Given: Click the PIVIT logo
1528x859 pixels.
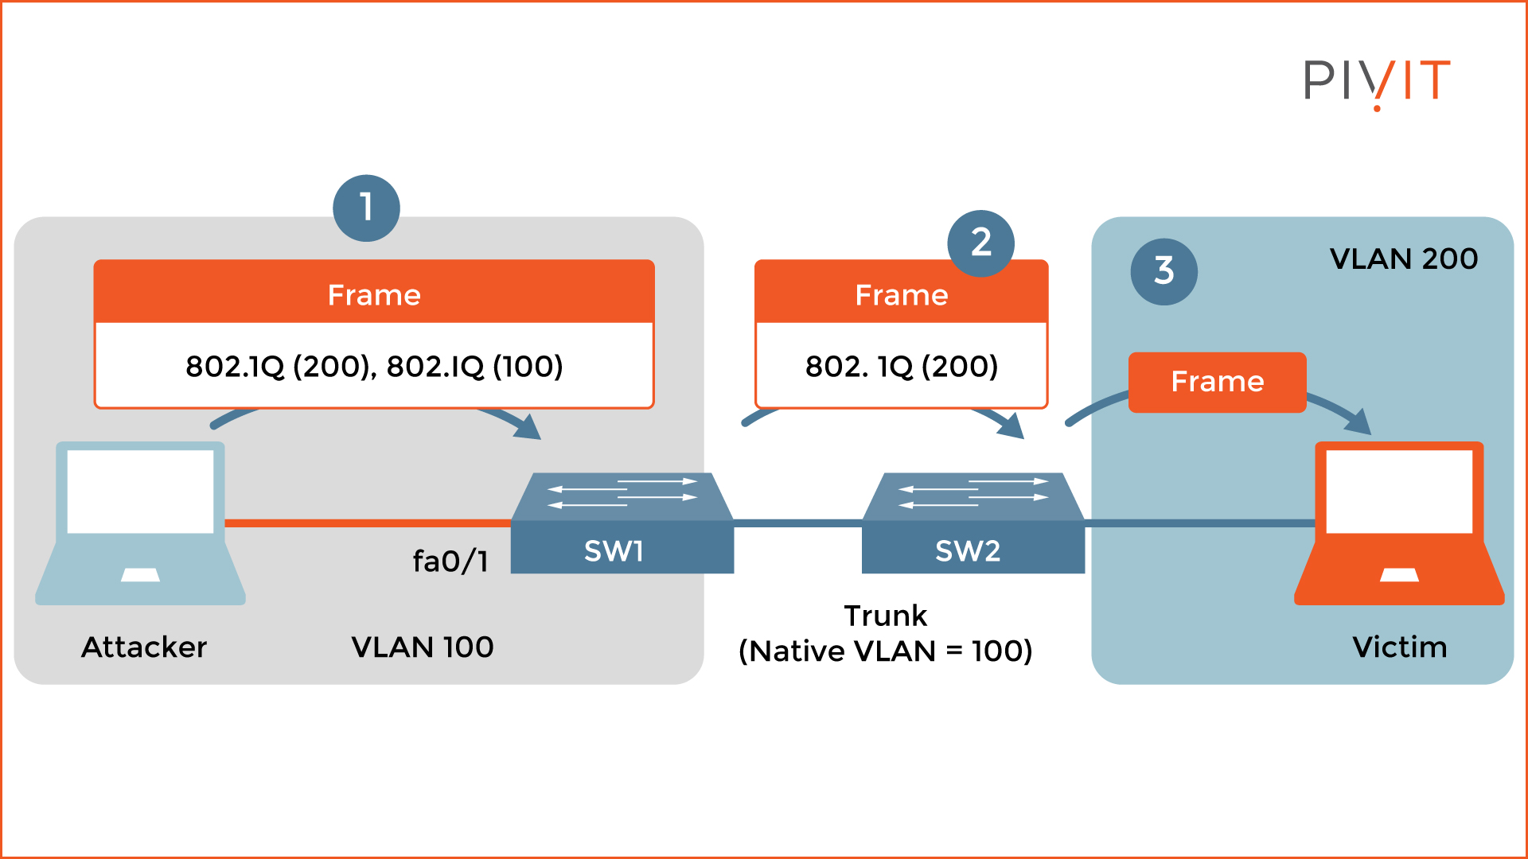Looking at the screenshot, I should coord(1377,81).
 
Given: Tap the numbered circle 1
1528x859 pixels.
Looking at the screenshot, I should coord(366,208).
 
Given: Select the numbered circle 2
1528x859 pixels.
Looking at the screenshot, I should coord(980,243).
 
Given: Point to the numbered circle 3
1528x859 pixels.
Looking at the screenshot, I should coord(1164,271).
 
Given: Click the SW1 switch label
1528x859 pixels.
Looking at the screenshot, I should coord(614,550).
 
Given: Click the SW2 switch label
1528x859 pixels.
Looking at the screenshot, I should coord(967,550).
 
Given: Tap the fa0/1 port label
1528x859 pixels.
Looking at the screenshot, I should coord(450,561).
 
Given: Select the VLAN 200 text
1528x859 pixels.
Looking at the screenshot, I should coord(1403,258).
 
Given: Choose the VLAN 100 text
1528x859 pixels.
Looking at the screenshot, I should coord(422,647).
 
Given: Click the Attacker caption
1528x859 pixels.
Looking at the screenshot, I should coord(144,647).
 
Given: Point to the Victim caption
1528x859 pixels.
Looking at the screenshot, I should coord(1399,647).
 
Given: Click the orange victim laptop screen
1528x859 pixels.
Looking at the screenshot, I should coord(1399,491).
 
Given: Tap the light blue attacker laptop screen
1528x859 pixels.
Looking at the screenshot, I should coord(140,491).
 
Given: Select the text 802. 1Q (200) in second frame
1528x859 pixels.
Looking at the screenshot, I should coord(901,366).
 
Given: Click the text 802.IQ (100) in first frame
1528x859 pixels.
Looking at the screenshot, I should coord(475,366).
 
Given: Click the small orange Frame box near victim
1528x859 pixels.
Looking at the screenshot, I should coord(1217,382).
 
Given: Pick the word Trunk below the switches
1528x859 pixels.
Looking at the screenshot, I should coord(885,616).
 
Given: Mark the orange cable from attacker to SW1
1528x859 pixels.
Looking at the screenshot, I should coord(366,523).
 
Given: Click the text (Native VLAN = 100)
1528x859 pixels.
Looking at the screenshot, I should coord(885,651).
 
